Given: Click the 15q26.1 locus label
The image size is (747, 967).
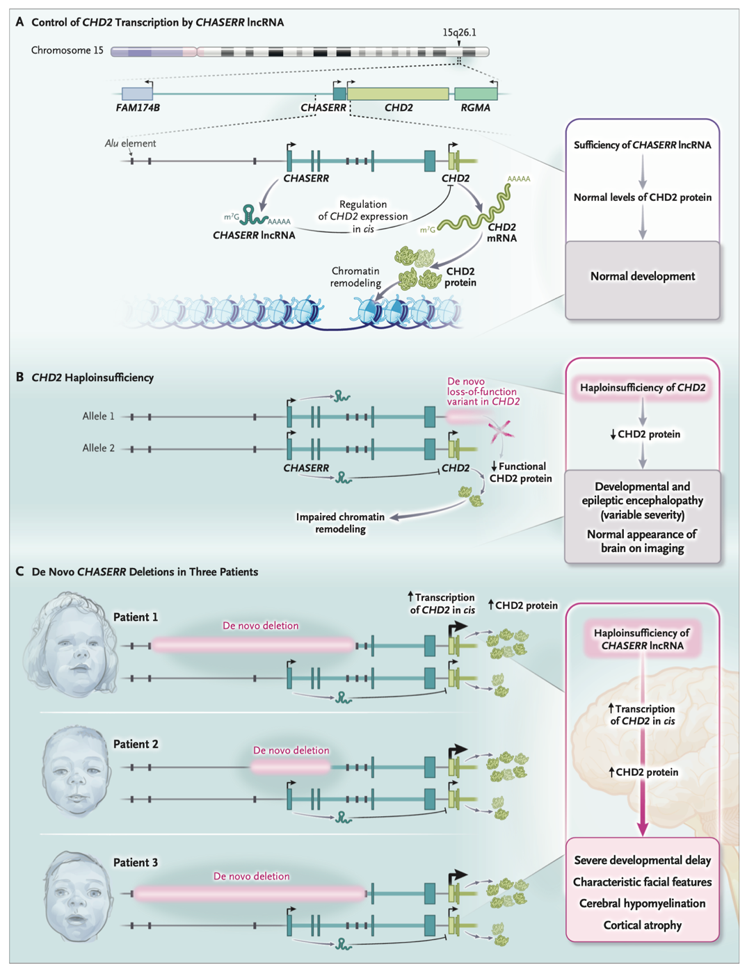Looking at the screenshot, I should [x=459, y=33].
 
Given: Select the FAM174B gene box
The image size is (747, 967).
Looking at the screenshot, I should [x=137, y=94].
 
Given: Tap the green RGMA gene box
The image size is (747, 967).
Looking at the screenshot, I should [x=476, y=94].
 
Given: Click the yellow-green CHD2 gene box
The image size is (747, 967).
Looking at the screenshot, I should [x=398, y=94].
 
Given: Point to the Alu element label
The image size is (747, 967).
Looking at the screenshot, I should [x=130, y=143].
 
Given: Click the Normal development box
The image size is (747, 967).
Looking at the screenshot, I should [x=642, y=277].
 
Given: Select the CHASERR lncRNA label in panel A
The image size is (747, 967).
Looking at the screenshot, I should [x=254, y=236].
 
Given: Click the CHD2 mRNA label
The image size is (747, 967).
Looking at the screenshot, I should [x=501, y=232].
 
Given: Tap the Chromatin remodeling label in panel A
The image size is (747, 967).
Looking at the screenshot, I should [x=355, y=277].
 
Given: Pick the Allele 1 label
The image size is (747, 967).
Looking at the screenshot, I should [x=98, y=416].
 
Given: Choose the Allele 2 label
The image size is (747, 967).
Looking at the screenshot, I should [x=98, y=448].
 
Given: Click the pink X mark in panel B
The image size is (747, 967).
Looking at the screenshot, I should [x=500, y=431].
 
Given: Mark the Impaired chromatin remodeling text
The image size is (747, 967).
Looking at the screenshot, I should [x=340, y=523].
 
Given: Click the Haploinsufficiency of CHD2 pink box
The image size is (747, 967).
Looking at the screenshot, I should [x=642, y=388].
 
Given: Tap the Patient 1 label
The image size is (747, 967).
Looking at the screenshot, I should [x=136, y=617].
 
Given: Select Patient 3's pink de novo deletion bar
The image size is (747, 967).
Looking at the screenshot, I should [x=250, y=893].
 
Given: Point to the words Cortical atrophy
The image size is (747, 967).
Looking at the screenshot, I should [x=642, y=925].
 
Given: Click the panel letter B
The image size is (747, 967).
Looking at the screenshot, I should [x=19, y=377].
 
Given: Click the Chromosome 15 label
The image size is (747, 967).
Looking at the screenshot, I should [x=67, y=51].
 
